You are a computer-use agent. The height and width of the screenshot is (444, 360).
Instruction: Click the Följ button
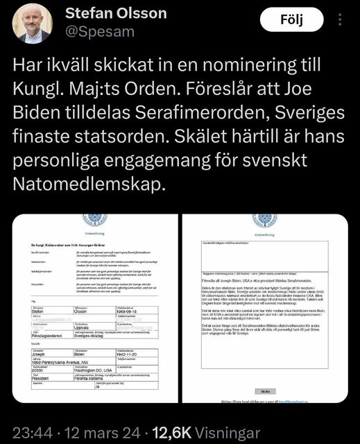[x=291, y=20]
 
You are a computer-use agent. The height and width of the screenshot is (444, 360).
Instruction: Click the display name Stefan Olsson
[x=126, y=13]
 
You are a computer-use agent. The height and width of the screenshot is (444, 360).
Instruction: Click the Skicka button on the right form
[x=265, y=391]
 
